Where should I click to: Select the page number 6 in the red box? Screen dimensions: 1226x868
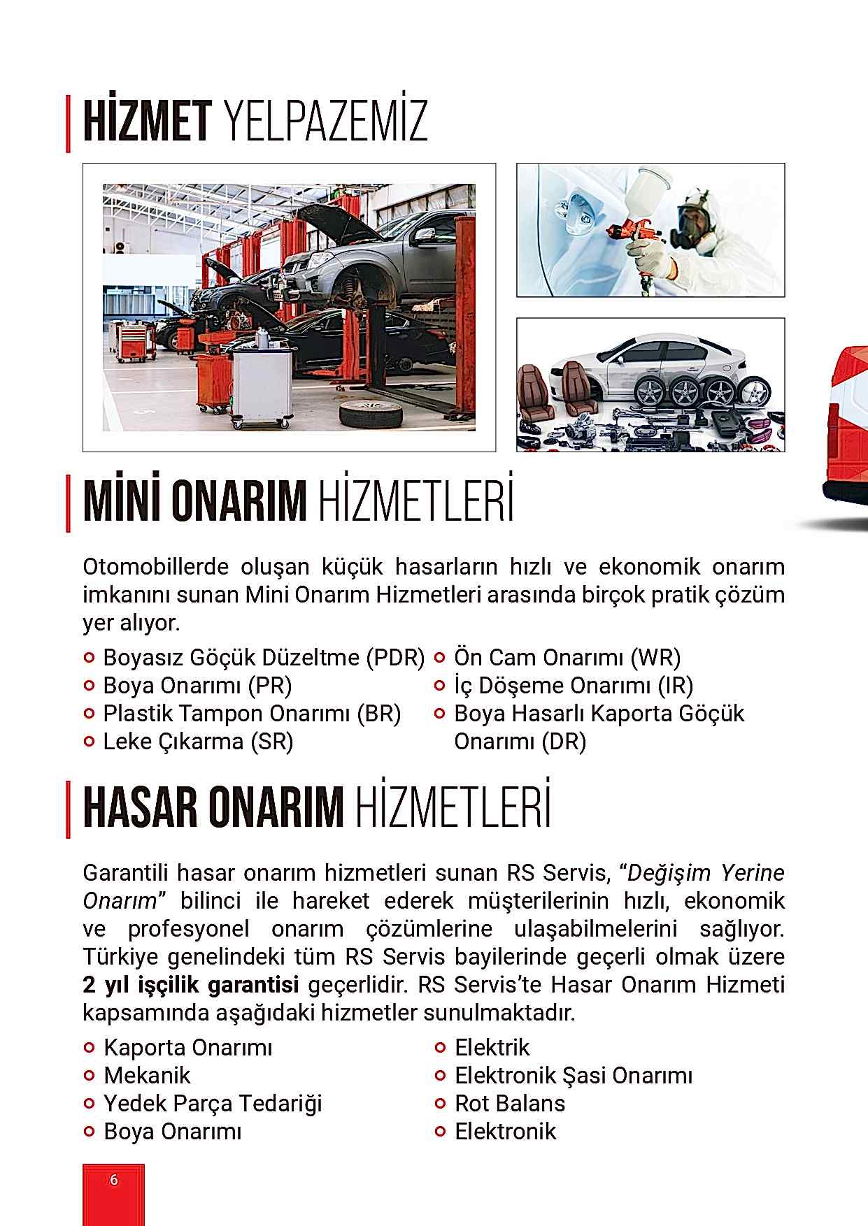point(114,1180)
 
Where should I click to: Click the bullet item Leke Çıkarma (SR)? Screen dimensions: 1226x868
point(198,741)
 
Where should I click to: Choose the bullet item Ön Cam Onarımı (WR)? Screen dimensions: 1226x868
point(567,657)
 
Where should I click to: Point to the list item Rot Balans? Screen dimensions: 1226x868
point(509,1103)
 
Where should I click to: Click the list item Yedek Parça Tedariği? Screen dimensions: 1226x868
point(213,1103)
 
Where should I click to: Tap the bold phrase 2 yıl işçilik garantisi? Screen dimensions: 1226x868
point(190,985)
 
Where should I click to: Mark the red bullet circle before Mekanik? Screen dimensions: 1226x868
point(89,1075)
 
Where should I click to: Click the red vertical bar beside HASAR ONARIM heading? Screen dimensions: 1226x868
point(68,809)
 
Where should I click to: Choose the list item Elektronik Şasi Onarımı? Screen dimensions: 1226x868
point(574,1075)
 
